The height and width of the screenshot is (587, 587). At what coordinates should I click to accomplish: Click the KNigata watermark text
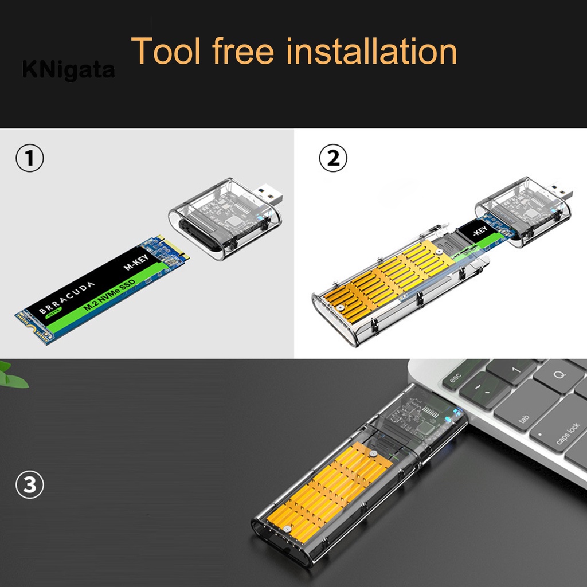pos(68,70)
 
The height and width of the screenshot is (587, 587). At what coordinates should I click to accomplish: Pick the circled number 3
pos(29,486)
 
